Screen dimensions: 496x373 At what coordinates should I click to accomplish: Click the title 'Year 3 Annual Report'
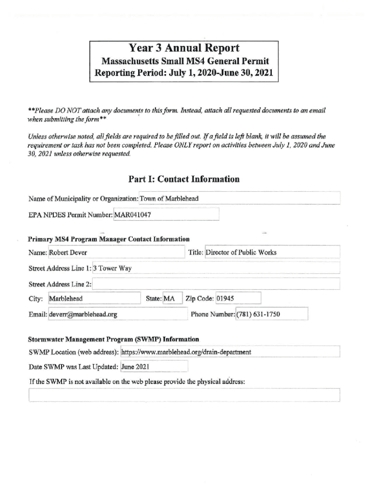point(184,48)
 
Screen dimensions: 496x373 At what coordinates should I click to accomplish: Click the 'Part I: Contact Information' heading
point(184,179)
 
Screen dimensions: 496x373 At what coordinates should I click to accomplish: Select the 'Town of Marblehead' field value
point(169,199)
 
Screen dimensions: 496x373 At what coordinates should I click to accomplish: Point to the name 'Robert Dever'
point(68,252)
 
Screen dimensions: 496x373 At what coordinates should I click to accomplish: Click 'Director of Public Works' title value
point(241,252)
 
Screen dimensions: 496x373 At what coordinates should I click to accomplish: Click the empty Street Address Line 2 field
point(216,284)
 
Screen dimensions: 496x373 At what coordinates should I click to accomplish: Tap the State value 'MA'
point(169,298)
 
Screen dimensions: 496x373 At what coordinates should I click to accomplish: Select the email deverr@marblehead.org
point(83,315)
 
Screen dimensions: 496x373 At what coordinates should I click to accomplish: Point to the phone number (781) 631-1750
point(259,315)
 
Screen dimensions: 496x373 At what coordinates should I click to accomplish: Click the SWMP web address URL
point(186,352)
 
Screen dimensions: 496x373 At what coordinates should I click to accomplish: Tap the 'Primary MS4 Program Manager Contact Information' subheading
point(109,239)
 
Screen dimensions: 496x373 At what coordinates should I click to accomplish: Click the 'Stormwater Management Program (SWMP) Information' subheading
point(113,340)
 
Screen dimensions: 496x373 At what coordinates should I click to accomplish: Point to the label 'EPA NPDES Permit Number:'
point(70,214)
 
